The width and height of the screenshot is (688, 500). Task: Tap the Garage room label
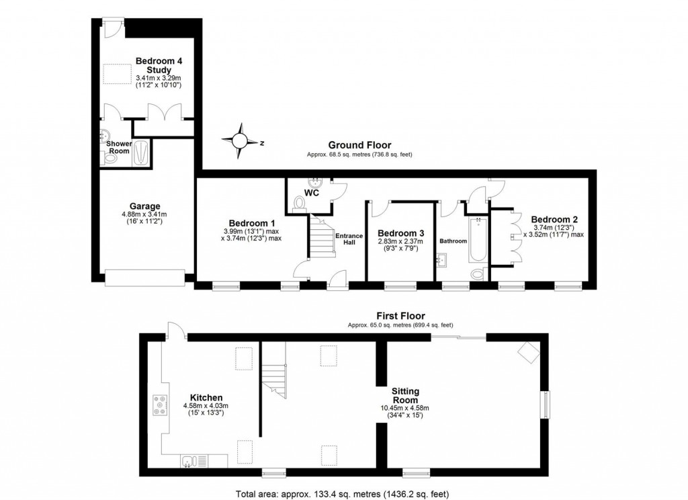click(x=145, y=206)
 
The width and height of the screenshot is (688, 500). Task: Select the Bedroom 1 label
click(x=251, y=223)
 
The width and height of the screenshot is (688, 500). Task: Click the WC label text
click(x=311, y=193)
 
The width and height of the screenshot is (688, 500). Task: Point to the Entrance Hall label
click(x=349, y=239)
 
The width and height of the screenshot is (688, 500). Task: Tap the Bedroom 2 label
click(x=554, y=219)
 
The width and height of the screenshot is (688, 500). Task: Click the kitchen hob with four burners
click(x=161, y=405)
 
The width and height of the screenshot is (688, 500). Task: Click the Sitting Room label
click(x=406, y=395)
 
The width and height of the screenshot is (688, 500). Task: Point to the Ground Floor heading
click(x=359, y=145)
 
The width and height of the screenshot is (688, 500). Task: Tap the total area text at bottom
click(x=343, y=493)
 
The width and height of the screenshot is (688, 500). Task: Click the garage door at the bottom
click(x=144, y=277)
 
